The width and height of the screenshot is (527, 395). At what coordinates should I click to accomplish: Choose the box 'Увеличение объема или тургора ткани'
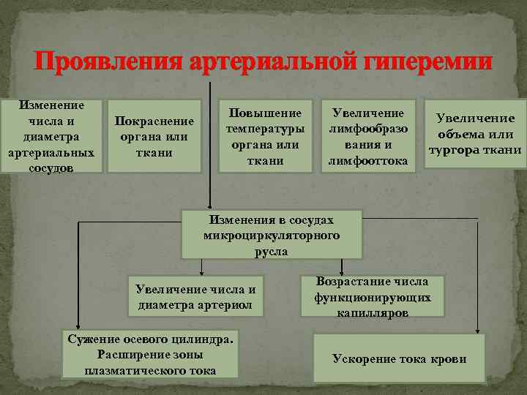point(475,135)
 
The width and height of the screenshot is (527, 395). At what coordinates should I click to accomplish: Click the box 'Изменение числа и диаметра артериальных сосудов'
point(51,137)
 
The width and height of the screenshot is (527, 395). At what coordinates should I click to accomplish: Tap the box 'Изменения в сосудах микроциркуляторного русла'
point(271,235)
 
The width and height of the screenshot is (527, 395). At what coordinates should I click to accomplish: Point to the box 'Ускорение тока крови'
point(399,358)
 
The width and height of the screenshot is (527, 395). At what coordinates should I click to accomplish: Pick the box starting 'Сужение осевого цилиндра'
point(151,355)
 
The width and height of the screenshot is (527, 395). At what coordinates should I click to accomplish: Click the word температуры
point(266,130)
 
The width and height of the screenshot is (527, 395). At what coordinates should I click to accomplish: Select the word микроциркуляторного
point(271,235)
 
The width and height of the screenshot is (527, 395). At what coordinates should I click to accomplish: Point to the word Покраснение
point(154,121)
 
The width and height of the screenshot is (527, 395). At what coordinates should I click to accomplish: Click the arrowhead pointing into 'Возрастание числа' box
point(340,268)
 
